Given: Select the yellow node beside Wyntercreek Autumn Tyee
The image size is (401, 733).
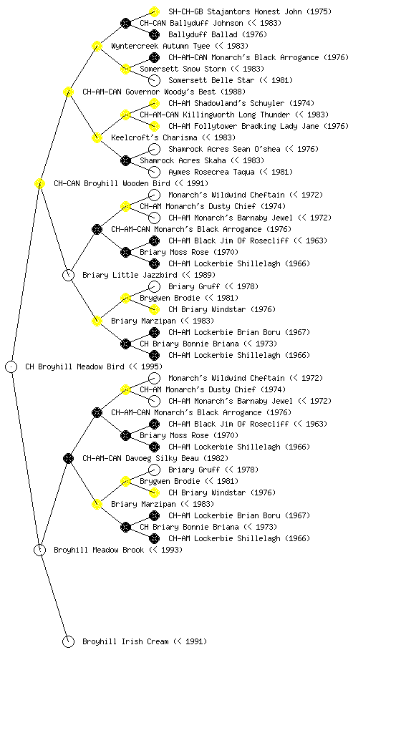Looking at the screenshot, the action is (x=97, y=46).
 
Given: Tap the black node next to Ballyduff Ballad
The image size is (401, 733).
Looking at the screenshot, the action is (x=154, y=34).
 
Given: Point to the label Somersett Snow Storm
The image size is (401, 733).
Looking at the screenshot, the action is (x=183, y=69).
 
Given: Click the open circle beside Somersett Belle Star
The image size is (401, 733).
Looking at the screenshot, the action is (x=154, y=80).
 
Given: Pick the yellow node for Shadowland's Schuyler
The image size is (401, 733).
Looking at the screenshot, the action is (x=154, y=103).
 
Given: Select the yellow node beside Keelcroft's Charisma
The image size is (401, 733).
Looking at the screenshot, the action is (x=97, y=137).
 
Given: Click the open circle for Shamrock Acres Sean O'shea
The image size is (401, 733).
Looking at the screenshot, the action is (x=154, y=149).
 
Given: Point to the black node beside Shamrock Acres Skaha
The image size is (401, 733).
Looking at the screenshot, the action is (x=125, y=160).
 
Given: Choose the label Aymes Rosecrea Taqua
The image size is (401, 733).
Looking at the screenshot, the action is (x=211, y=172).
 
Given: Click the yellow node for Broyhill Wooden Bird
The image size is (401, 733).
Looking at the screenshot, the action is (x=39, y=183).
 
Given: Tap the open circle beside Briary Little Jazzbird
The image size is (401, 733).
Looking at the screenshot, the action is (x=68, y=275).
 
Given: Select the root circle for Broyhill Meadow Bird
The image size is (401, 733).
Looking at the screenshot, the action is (x=11, y=366).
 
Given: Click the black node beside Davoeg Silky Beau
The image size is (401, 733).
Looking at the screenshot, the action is (x=68, y=458).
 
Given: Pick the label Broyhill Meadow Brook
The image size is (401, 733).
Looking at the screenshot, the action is (x=99, y=550).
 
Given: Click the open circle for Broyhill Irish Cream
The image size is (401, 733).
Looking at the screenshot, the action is (x=68, y=641).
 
